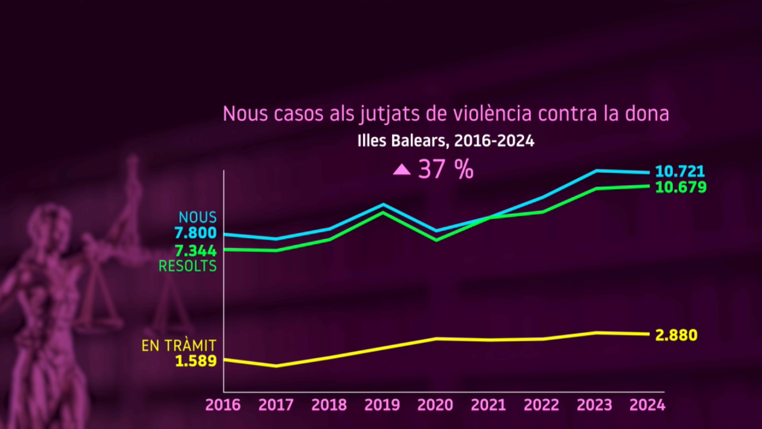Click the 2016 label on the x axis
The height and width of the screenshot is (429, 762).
point(223,405)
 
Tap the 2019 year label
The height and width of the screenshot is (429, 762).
point(382,405)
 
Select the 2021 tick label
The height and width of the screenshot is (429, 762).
point(488,405)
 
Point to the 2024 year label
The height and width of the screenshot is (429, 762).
point(647,405)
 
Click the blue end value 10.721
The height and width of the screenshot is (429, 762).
point(680,172)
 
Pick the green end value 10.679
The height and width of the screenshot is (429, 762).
point(681,187)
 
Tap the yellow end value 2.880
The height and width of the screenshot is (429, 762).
point(676,335)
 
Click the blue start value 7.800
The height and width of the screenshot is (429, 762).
point(196,233)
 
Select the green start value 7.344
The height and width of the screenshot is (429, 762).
point(196,251)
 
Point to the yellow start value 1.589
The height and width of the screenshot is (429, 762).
point(196,361)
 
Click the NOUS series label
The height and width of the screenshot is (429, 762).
point(198,217)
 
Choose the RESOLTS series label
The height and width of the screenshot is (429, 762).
point(188,266)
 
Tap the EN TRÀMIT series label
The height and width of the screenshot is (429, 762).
point(179,346)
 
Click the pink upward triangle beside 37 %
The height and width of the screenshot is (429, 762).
point(402,170)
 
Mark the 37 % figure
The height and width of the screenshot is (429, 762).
point(446,170)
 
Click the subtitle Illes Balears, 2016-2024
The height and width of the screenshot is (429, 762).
point(446,141)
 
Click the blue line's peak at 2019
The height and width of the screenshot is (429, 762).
point(383,204)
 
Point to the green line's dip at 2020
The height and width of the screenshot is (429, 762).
point(436,240)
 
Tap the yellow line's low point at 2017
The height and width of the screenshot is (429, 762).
point(277,366)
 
